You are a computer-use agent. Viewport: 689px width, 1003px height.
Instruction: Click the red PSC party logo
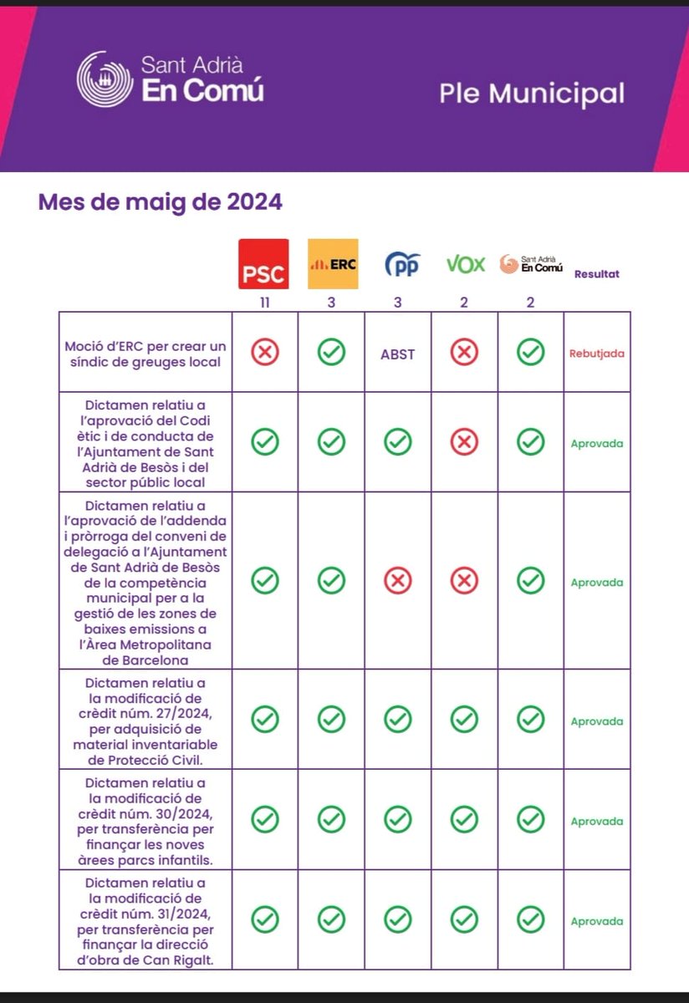click(x=263, y=264)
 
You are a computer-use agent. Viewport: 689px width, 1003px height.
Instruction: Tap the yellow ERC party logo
click(x=333, y=264)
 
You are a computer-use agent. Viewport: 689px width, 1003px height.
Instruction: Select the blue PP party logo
click(x=401, y=265)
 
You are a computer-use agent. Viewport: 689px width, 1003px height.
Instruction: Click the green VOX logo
click(x=465, y=265)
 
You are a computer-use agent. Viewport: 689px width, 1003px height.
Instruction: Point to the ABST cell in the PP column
click(x=398, y=354)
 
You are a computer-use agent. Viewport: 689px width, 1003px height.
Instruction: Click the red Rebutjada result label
click(x=597, y=354)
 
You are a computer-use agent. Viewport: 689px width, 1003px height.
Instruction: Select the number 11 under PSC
click(x=264, y=303)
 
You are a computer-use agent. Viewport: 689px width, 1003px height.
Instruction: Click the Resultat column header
click(x=597, y=274)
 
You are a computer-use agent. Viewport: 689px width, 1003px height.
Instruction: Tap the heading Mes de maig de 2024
click(x=160, y=202)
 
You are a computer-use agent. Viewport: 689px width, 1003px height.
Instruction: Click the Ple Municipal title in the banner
click(x=532, y=94)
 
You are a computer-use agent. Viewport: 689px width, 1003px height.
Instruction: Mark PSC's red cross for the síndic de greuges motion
click(x=265, y=354)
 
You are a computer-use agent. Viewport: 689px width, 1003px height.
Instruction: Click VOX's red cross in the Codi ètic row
click(x=464, y=442)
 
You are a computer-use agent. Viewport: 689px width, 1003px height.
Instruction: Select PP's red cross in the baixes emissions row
click(x=398, y=580)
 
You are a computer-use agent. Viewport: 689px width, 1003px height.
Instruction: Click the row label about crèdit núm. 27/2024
click(x=145, y=720)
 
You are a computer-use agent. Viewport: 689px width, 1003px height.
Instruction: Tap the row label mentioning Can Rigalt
click(x=145, y=920)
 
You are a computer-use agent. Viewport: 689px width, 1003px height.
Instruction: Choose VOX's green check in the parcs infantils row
click(x=464, y=820)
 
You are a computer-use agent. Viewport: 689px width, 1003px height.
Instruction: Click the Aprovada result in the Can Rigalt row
click(x=597, y=921)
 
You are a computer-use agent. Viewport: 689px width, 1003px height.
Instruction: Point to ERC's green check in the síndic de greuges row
click(x=332, y=354)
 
